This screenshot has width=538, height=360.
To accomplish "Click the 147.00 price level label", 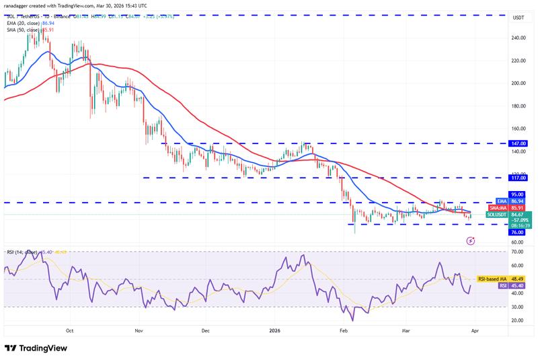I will [x=517, y=143].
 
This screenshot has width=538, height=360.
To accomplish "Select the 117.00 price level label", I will [x=517, y=178].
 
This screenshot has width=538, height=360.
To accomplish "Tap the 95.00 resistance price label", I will [x=517, y=194].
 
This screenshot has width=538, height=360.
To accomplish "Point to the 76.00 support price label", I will [x=517, y=232].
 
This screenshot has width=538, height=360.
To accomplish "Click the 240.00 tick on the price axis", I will [x=517, y=38].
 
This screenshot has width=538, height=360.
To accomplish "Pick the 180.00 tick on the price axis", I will [x=517, y=106].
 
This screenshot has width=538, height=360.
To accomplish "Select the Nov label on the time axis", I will [x=139, y=330].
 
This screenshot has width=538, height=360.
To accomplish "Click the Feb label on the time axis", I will [x=344, y=330].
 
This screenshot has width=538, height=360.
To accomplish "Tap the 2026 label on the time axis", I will [x=275, y=330].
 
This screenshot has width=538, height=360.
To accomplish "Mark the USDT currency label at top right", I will [x=517, y=17].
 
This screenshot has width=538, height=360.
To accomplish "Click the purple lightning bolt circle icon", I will [x=469, y=239].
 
